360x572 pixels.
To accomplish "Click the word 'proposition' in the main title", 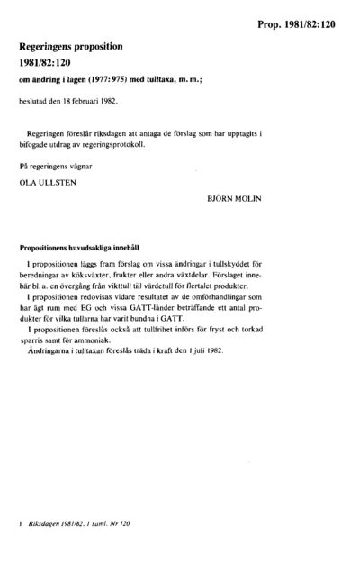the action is click(x=103, y=44).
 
